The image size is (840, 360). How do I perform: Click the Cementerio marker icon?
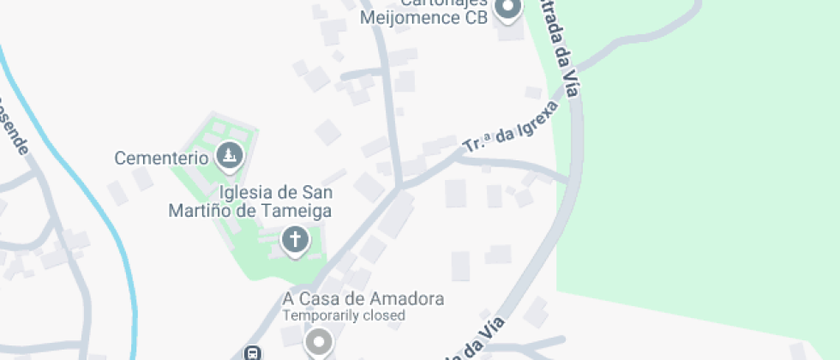click(x=230, y=156)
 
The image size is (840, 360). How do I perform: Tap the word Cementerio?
click(x=162, y=158)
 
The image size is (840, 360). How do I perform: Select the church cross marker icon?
click(x=295, y=241)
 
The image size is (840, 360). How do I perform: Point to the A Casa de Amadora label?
click(x=363, y=299)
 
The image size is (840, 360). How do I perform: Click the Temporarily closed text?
click(x=344, y=315)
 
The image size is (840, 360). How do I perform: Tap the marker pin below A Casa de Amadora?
click(x=320, y=344)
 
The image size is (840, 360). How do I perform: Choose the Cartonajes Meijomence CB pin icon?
click(x=510, y=9)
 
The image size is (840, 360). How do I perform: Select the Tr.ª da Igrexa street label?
click(x=511, y=129)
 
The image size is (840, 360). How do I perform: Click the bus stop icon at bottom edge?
click(x=253, y=353)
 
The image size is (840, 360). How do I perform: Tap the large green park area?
click(x=703, y=171)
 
